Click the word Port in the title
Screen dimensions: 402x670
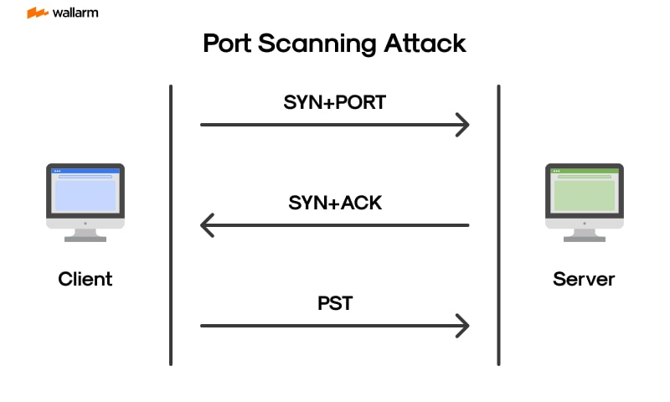coord(229,44)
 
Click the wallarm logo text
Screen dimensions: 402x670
coord(75,13)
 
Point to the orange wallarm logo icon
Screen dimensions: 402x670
coord(37,13)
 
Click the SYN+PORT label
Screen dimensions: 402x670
coord(334,103)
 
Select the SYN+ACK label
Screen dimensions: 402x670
coord(335,203)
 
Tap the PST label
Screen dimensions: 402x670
coord(335,303)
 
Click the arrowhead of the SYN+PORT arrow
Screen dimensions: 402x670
coord(462,125)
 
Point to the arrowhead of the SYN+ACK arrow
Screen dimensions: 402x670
coord(207,225)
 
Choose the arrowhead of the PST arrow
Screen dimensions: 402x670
coord(462,326)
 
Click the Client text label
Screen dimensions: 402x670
coord(85,279)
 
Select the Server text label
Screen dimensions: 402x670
coord(584,279)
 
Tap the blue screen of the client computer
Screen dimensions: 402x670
coord(85,192)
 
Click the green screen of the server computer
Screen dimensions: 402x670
coord(585,192)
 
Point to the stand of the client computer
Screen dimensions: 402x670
coord(85,234)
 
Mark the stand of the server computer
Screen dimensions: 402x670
coord(585,234)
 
